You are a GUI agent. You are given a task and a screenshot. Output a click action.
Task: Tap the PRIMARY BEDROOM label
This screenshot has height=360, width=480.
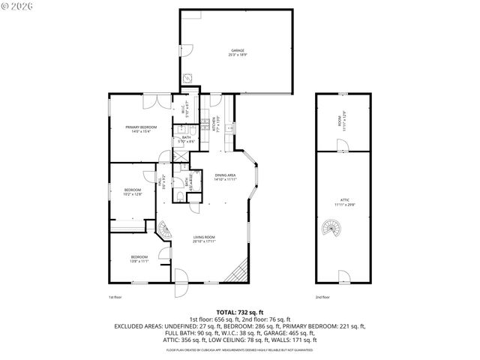tap(139, 130)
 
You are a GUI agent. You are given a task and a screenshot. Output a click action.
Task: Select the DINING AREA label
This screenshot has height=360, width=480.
tap(225, 177)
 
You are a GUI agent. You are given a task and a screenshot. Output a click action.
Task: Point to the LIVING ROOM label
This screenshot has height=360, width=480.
tap(204, 239)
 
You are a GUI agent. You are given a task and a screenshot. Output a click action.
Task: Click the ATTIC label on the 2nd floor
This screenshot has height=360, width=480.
tap(343, 202)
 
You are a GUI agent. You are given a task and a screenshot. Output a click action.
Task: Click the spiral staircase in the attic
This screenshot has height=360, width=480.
tap(330, 227)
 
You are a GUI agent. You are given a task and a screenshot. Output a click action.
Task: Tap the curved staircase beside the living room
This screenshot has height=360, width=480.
tap(163, 229)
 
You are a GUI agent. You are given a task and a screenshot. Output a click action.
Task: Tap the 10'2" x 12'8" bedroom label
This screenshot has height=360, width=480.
tap(133, 193)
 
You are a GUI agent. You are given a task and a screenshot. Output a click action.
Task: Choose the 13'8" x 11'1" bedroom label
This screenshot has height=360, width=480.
tap(139, 259)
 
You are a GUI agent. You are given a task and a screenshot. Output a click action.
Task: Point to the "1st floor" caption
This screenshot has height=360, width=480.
tap(114, 298)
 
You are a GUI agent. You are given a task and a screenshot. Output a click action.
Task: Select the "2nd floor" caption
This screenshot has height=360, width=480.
tap(323, 298)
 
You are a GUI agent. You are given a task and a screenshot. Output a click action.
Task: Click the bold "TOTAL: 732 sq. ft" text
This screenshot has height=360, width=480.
tap(239, 311)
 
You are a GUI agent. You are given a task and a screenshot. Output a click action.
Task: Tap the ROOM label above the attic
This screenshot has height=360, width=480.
tap(343, 119)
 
